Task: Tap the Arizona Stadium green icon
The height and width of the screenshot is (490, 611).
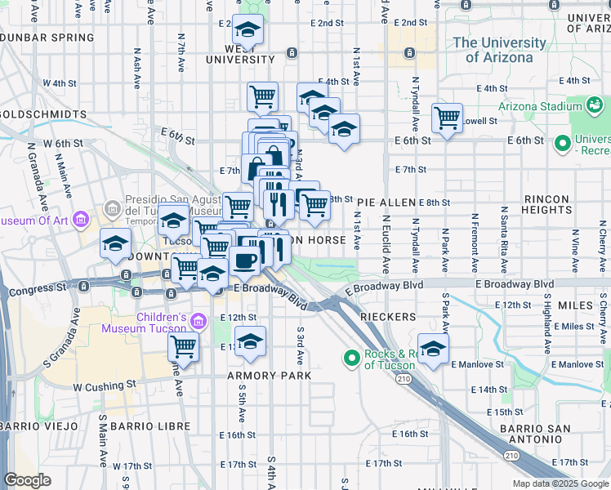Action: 595,106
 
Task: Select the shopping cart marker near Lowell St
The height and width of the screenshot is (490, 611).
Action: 447,118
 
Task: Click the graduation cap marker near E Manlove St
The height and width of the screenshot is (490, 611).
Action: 434,348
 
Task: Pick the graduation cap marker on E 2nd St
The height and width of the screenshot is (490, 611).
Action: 248,30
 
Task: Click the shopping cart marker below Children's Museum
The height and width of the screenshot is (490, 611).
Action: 184,347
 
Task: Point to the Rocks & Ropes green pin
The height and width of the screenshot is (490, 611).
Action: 352,359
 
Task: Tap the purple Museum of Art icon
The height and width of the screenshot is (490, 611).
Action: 80,220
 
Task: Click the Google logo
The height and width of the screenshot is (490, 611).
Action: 28,480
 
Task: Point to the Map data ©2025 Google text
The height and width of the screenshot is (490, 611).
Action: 560,483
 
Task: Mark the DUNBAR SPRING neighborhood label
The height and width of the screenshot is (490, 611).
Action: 47,37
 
